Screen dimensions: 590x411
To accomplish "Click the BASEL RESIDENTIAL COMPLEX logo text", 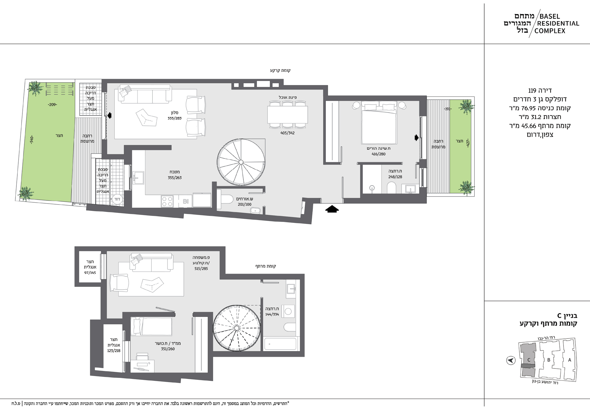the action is (x=558, y=24).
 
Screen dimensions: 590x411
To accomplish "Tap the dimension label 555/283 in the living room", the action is (x=175, y=118).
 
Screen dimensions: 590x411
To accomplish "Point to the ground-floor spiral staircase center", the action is (x=241, y=162).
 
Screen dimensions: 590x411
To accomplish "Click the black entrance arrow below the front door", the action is (x=332, y=209).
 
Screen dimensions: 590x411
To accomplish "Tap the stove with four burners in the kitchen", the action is (x=167, y=201).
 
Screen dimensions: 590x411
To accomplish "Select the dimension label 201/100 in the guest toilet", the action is (x=245, y=204).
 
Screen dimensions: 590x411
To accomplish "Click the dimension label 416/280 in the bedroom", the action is (x=378, y=154).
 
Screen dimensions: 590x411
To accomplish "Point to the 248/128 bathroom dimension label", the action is (x=395, y=177).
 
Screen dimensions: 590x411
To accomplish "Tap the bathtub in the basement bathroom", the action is (x=281, y=344).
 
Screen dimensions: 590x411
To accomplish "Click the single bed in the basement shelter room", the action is (x=151, y=327).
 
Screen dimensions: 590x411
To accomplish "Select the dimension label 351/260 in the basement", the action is (x=168, y=349).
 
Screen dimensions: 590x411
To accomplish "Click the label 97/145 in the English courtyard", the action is (x=90, y=273).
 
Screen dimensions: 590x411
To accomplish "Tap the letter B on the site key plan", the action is (x=549, y=360).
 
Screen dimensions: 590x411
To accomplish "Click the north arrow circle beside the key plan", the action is (x=511, y=360).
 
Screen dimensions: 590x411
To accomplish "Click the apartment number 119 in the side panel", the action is (x=532, y=90).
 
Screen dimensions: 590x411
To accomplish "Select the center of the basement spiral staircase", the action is (x=237, y=328).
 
